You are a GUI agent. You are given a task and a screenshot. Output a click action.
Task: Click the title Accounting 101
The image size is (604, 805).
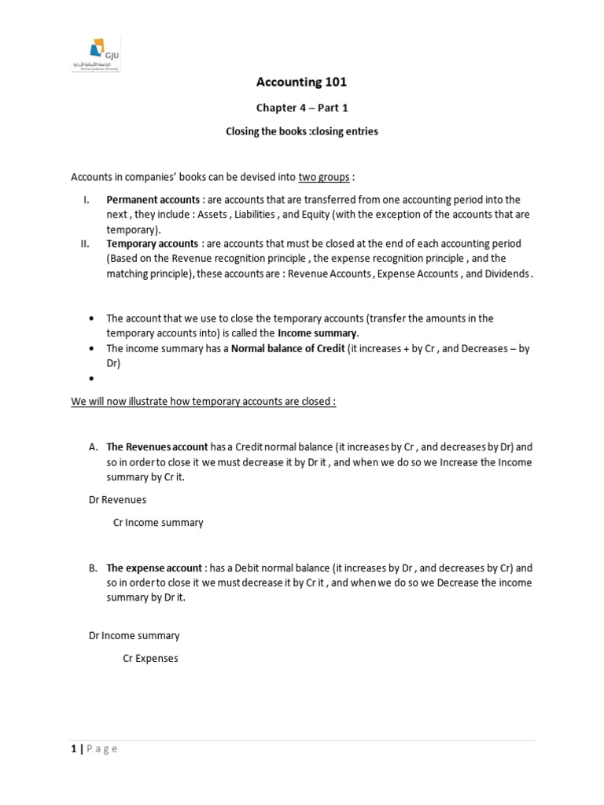(x=302, y=82)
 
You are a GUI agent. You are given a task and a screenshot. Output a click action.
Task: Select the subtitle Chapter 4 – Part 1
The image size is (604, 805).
(x=302, y=108)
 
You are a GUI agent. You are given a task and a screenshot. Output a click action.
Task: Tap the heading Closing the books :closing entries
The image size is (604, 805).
(x=302, y=131)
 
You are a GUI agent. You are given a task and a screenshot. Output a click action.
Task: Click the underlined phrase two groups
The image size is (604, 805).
(x=324, y=177)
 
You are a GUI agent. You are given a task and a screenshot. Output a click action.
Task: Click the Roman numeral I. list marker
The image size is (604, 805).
(x=87, y=200)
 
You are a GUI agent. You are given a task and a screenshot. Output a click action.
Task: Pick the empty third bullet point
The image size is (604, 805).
(x=92, y=379)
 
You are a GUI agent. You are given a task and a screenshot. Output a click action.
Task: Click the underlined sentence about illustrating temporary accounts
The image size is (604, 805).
(x=204, y=401)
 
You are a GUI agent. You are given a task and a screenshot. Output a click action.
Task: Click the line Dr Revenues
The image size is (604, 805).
(x=117, y=499)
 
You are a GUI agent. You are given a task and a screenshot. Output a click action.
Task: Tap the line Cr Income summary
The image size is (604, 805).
(x=158, y=522)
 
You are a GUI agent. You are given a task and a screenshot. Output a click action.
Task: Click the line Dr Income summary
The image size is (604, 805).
(x=134, y=635)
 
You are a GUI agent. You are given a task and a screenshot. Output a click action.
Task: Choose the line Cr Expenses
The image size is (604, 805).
(x=150, y=658)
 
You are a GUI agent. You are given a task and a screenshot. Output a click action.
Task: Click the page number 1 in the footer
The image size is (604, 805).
(x=74, y=748)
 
